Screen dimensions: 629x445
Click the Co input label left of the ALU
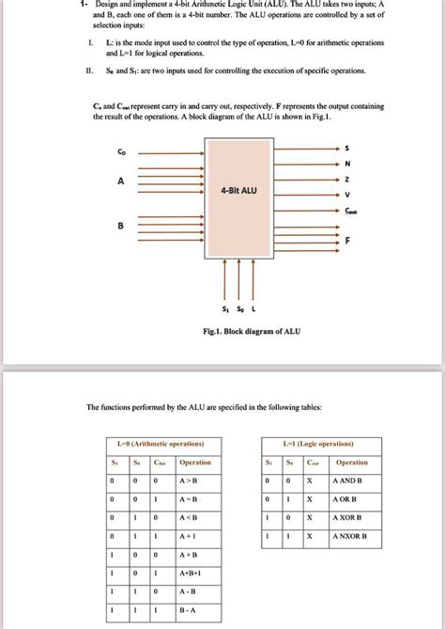[x=119, y=151]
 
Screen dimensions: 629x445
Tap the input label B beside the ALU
[x=119, y=226]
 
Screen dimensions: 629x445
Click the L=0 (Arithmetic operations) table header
[x=160, y=443]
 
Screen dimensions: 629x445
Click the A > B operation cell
[x=195, y=480]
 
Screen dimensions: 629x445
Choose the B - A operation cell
[x=195, y=609]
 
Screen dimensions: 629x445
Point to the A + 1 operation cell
[x=195, y=536]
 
